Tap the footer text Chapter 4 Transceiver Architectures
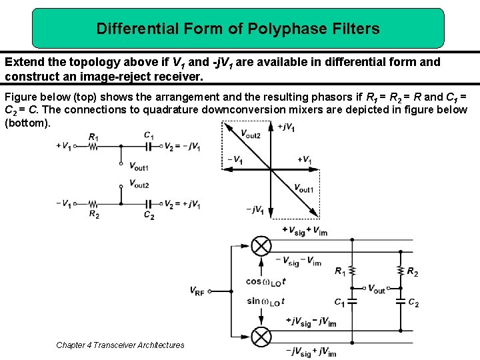click(x=120, y=345)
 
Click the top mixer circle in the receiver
click(x=262, y=246)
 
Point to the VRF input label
click(x=197, y=291)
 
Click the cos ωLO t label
click(x=267, y=281)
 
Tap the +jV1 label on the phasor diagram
click(x=285, y=127)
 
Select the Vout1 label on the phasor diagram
click(x=303, y=189)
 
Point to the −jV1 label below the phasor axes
click(x=255, y=210)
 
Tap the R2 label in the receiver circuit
click(x=412, y=272)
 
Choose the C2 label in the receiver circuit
click(x=413, y=303)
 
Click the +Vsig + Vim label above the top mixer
click(x=305, y=231)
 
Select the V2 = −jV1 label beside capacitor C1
click(x=182, y=147)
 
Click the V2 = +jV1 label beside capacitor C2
click(x=182, y=204)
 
